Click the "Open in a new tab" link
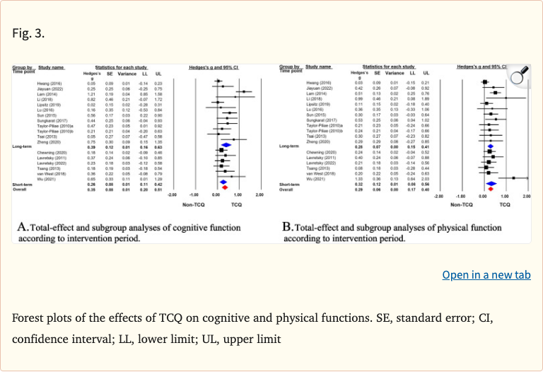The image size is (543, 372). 486,274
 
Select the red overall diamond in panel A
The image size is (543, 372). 222,190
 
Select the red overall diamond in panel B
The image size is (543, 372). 489,190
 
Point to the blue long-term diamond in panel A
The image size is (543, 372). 226,146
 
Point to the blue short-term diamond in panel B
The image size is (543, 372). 491,185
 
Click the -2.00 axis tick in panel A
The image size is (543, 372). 172,194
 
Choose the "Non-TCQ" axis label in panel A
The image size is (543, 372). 193,204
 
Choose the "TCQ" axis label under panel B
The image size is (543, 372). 505,204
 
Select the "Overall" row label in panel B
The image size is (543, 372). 287,190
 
